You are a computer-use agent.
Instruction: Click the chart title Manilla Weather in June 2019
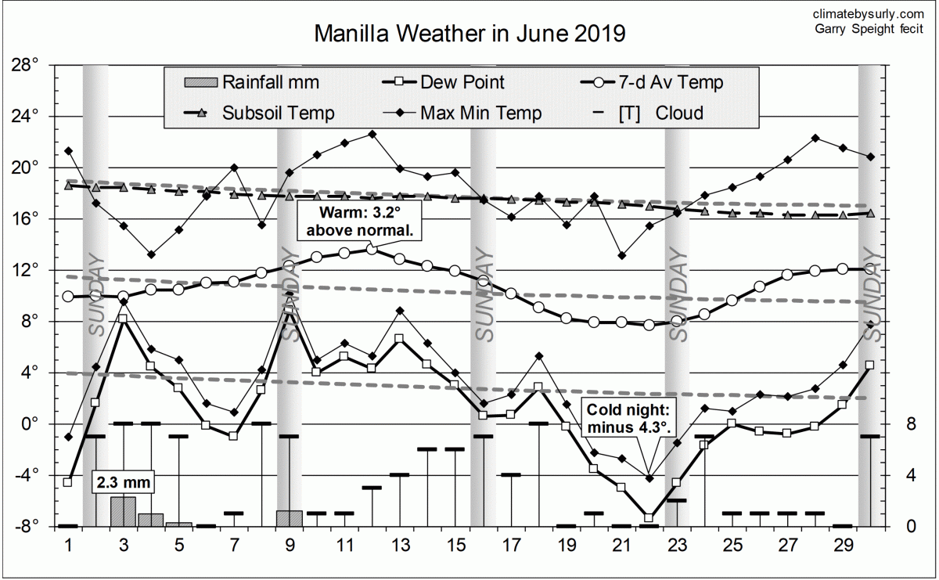pyautogui.click(x=469, y=34)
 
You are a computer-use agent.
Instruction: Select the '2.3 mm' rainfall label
pyautogui.click(x=122, y=482)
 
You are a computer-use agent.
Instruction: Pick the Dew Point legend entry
pyautogui.click(x=443, y=82)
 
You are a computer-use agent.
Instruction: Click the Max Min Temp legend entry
pyautogui.click(x=461, y=113)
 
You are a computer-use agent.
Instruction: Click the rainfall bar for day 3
pyautogui.click(x=123, y=511)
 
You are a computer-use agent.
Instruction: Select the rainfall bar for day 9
pyautogui.click(x=290, y=518)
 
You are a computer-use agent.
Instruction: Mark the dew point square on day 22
pyautogui.click(x=649, y=517)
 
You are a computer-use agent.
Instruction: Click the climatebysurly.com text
pyautogui.click(x=868, y=14)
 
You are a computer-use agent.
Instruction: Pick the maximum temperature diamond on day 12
pyautogui.click(x=372, y=134)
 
